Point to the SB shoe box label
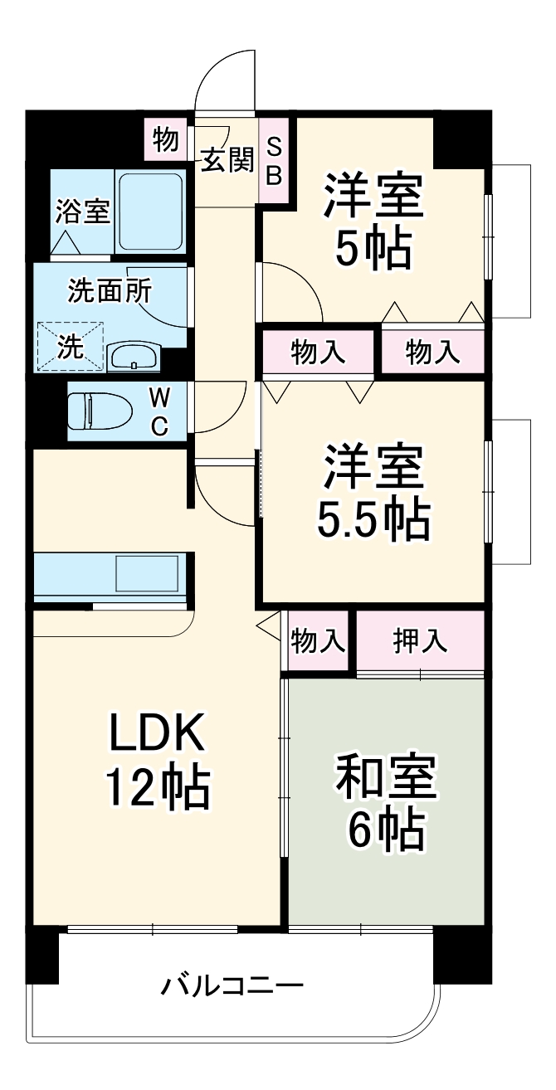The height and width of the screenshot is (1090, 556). click(274, 161)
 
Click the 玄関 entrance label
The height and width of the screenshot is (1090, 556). click(227, 161)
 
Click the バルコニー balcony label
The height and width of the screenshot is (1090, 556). click(232, 986)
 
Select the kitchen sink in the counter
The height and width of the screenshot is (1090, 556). click(147, 574)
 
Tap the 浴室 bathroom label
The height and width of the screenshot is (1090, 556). click(82, 211)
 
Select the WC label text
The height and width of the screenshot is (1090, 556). click(159, 412)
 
